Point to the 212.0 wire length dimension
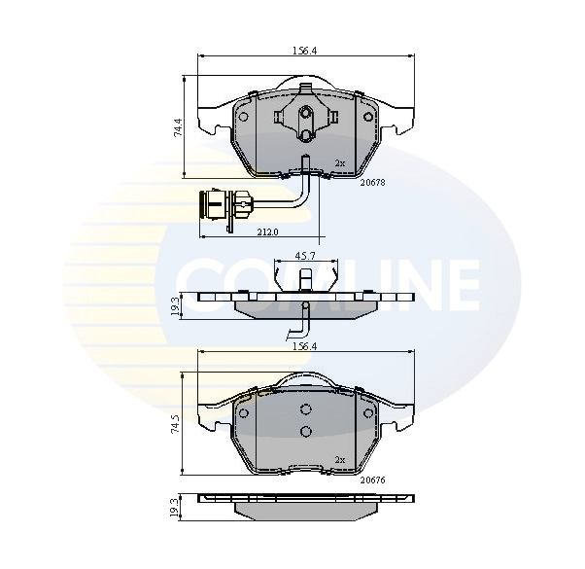pyautogui.click(x=268, y=232)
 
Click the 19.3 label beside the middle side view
pyautogui.click(x=176, y=306)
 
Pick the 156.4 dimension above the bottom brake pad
pyautogui.click(x=305, y=345)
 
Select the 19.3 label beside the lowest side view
pyautogui.click(x=176, y=507)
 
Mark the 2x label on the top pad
pyautogui.click(x=340, y=162)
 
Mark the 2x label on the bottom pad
pyautogui.click(x=340, y=460)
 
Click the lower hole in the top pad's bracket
pyautogui.click(x=305, y=135)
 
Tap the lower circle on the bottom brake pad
pyautogui.click(x=305, y=432)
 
